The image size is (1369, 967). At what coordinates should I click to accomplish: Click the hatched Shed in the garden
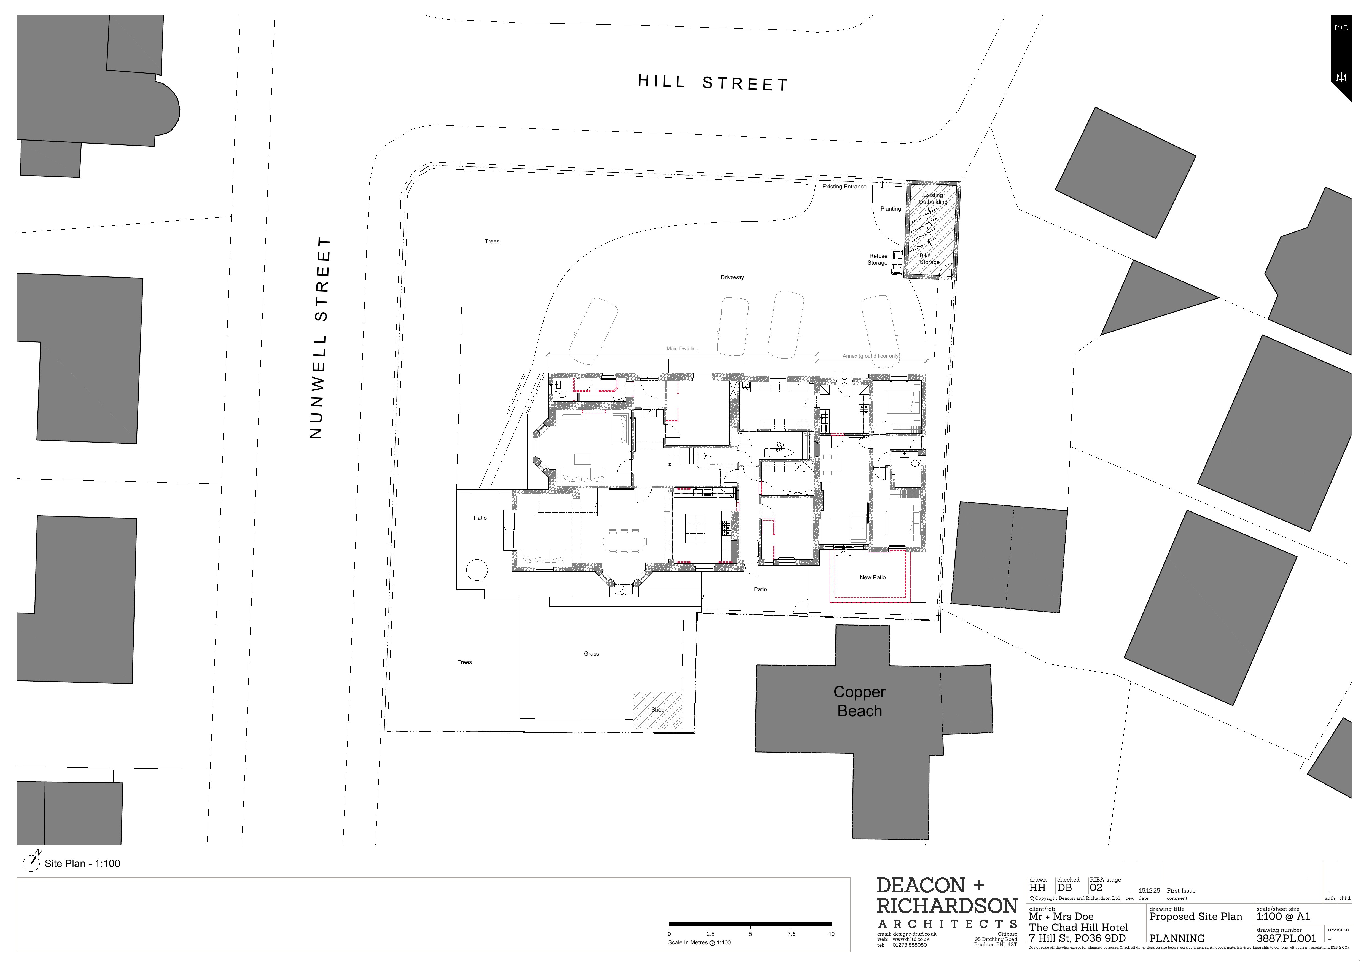(x=657, y=709)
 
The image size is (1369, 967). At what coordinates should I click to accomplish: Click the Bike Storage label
(x=929, y=259)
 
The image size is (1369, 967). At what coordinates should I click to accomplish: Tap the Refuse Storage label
(x=878, y=259)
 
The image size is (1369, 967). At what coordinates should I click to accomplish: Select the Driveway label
(x=731, y=277)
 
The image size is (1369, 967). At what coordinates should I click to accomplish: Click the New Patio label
(x=872, y=577)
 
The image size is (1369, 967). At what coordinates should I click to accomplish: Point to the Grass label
(x=591, y=653)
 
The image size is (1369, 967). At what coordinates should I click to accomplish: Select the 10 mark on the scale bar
(x=831, y=934)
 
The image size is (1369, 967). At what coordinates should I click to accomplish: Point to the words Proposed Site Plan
(x=1195, y=916)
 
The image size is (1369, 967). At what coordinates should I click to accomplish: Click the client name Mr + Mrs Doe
(x=1061, y=916)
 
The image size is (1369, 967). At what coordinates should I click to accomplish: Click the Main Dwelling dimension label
(x=682, y=349)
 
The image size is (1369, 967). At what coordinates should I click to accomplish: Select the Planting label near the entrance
(x=890, y=209)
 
